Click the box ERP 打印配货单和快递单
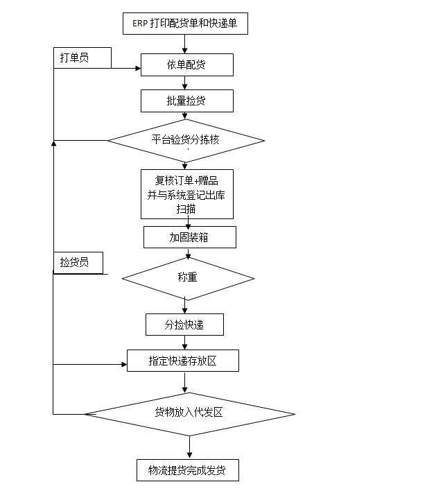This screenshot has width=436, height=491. [x=184, y=24]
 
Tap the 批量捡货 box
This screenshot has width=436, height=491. [x=186, y=101]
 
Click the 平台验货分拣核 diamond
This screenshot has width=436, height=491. [x=186, y=140]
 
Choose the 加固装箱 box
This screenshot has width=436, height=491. [x=189, y=237]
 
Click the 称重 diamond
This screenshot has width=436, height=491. [x=188, y=277]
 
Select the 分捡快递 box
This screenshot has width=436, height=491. [x=184, y=325]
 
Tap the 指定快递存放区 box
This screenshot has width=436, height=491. [x=183, y=361]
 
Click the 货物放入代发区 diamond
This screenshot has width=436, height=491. [x=189, y=414]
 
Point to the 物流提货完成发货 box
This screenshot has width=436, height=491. [x=188, y=470]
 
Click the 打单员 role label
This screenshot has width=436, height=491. [x=82, y=58]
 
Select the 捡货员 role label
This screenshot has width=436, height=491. [x=78, y=263]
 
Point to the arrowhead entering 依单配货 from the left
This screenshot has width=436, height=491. [x=137, y=68]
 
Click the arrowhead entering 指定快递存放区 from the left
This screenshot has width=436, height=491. [x=123, y=364]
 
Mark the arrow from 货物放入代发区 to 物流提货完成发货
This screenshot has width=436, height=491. [x=189, y=447]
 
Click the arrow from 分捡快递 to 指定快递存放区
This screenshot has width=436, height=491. [x=185, y=343]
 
